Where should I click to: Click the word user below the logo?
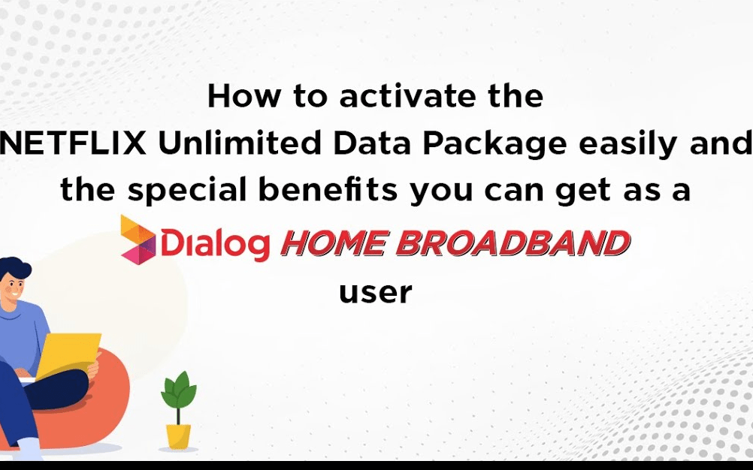[x=376, y=291]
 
